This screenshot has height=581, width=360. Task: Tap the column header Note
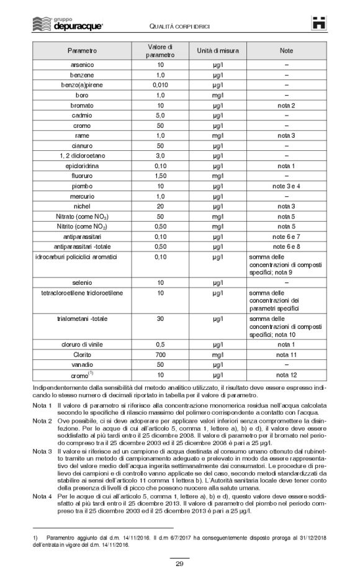coord(286,49)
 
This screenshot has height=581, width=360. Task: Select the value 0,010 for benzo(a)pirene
coord(160,84)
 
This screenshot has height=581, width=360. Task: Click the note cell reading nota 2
coord(286,105)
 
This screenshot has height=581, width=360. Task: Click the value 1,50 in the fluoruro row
coord(160,176)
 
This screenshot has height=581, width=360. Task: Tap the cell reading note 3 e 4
coord(286,186)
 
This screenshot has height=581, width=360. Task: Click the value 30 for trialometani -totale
coord(160,318)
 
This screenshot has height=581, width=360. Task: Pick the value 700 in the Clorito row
coord(160,354)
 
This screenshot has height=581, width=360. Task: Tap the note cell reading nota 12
coord(286,375)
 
